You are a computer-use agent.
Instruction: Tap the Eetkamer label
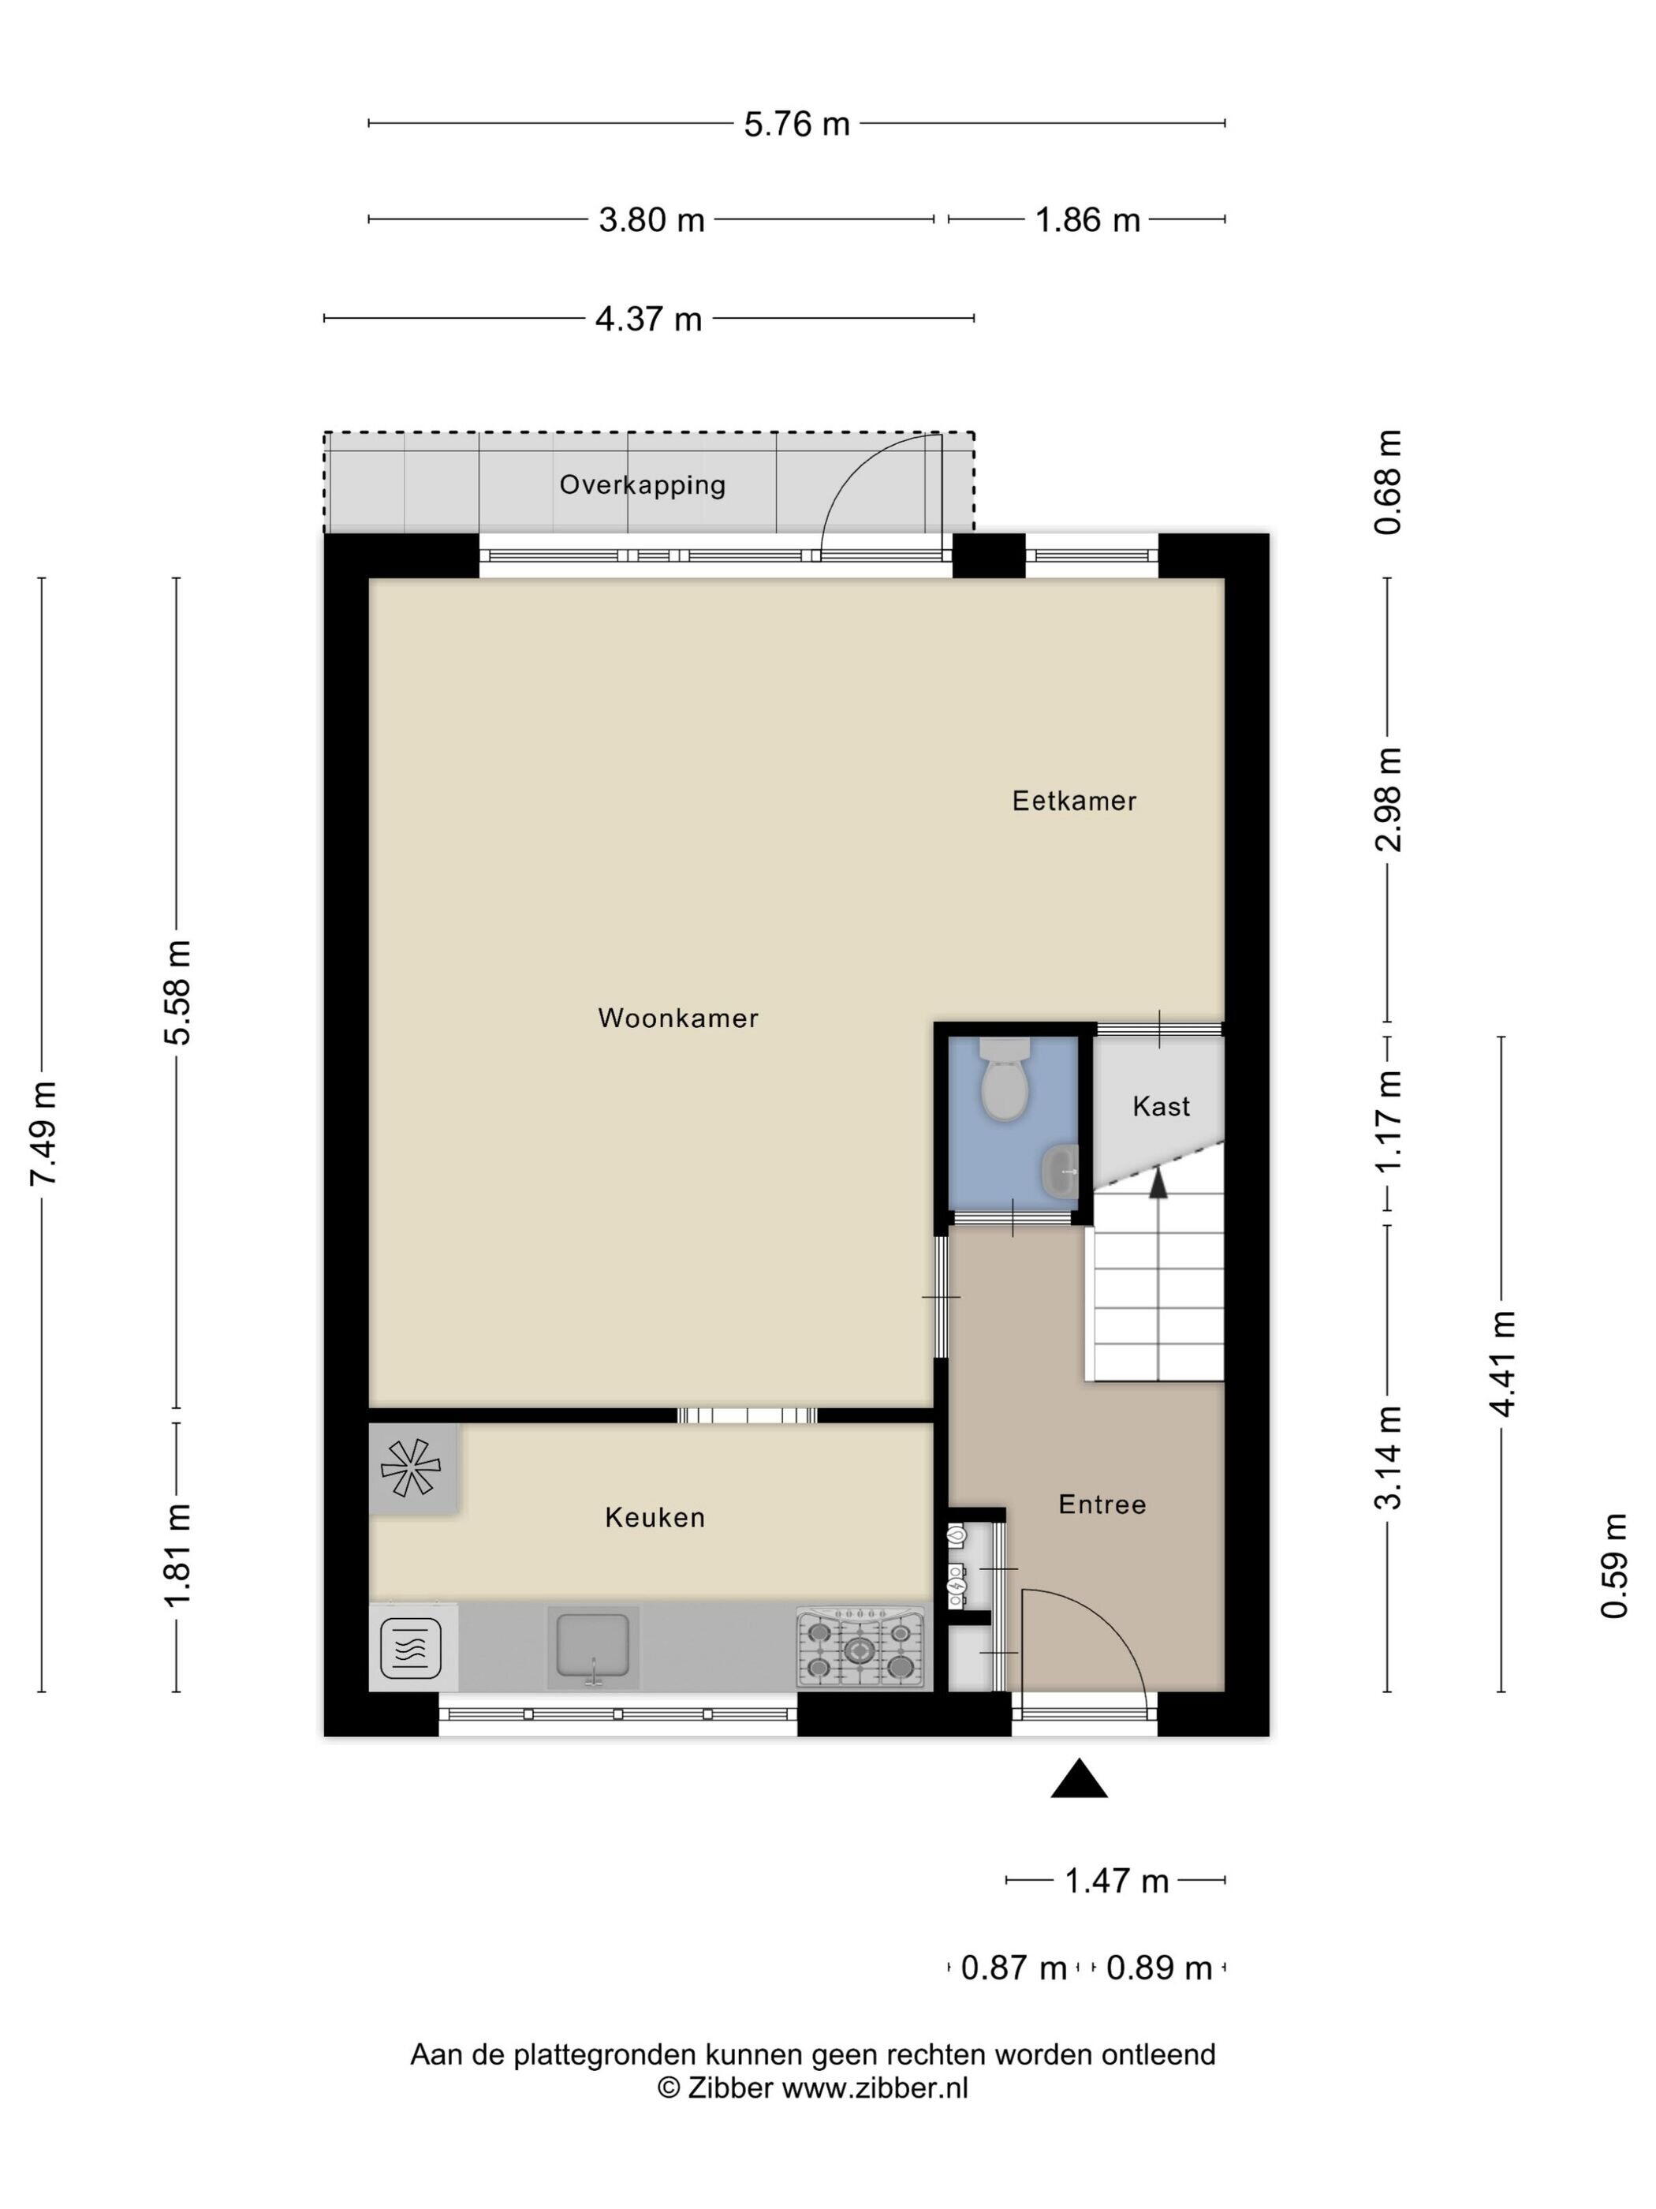tap(1074, 801)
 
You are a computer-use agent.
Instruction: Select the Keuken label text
tap(655, 1518)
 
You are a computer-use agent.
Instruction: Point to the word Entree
tap(1102, 1504)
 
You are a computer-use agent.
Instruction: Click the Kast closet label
tap(1161, 1107)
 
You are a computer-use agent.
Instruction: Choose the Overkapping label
tap(642, 485)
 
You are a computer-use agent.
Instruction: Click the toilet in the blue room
tap(1003, 1078)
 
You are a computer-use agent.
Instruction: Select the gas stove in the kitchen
tap(860, 1648)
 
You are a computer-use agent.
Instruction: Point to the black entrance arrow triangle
tap(1079, 1778)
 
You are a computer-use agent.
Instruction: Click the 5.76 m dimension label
tap(796, 124)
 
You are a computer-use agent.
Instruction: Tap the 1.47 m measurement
tap(1116, 1882)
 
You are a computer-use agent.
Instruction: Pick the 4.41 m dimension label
tap(1501, 1363)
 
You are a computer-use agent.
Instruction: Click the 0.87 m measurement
tap(1013, 1968)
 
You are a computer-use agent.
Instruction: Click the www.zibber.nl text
tap(875, 2088)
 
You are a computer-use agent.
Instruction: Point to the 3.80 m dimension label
tap(651, 219)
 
